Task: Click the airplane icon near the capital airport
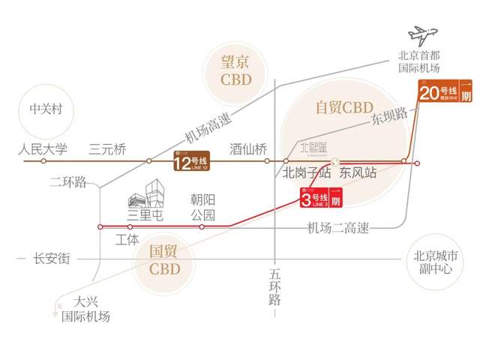pos(424,36)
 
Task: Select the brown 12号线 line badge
pos(190,161)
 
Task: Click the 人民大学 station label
pos(43,148)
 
